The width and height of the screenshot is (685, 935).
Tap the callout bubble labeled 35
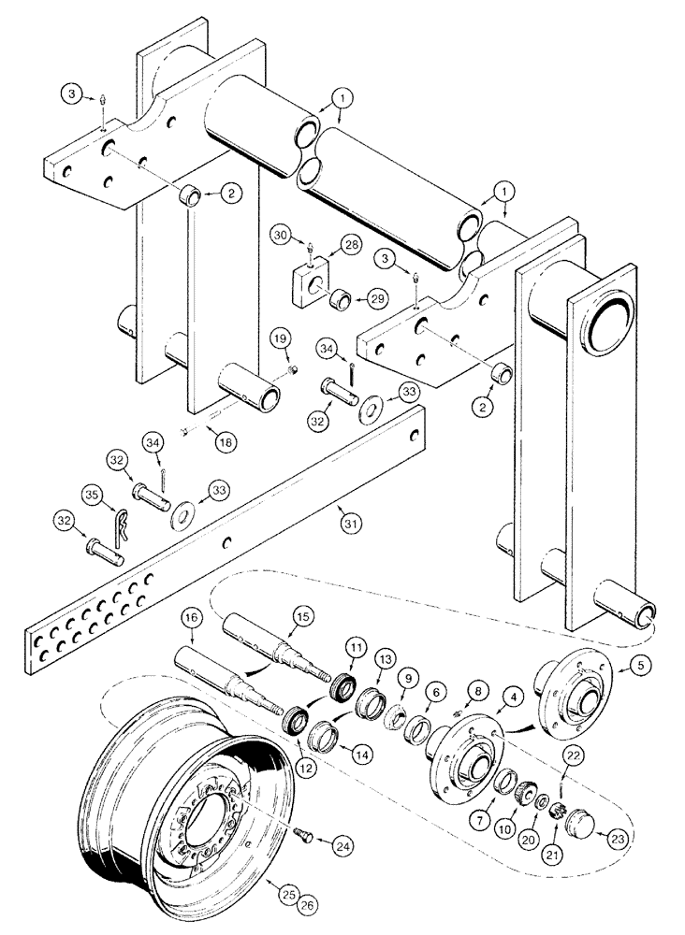(92, 494)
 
